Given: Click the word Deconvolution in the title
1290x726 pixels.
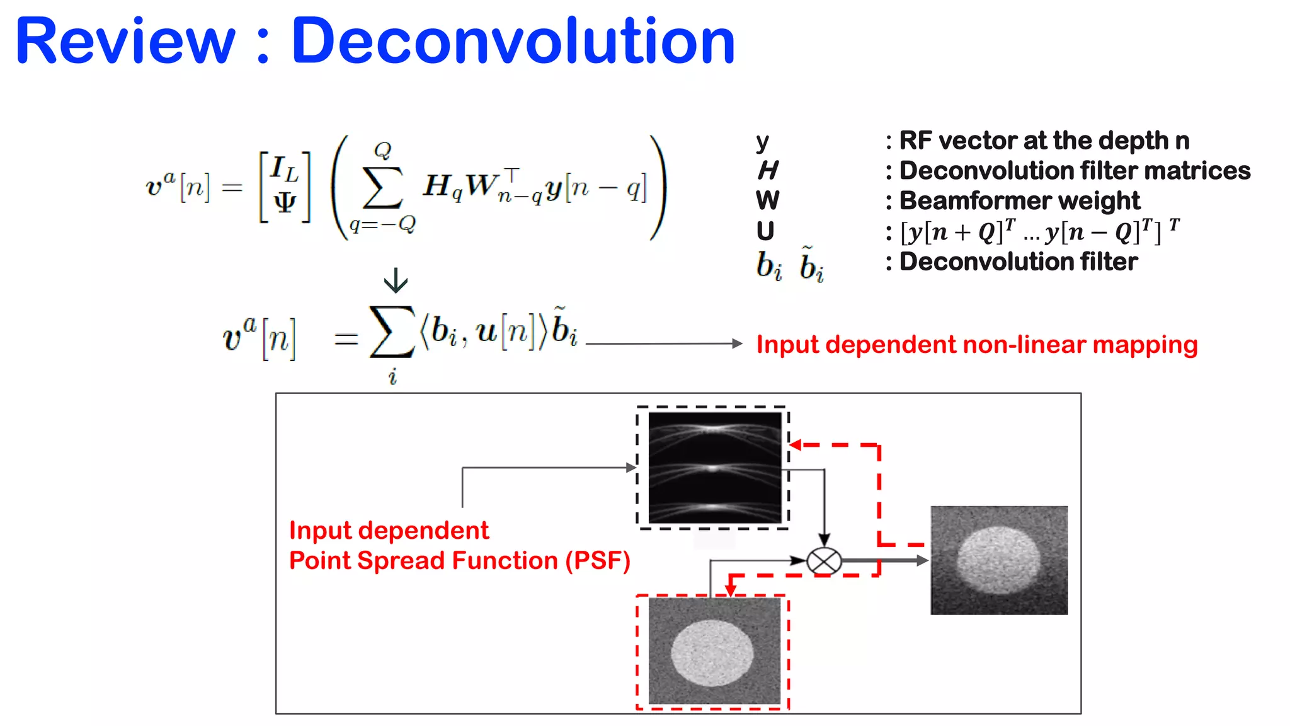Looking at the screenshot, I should point(513,42).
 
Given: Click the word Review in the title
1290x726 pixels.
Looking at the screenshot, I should point(125,42).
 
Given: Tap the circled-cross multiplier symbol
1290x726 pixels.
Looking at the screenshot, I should point(824,560).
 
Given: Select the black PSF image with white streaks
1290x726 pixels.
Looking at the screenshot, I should point(714,468).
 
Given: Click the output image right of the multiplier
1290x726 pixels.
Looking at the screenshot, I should point(999,560).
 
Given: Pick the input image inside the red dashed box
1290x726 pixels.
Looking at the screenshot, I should point(714,651).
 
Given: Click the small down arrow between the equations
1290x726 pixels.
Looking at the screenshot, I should point(396,280).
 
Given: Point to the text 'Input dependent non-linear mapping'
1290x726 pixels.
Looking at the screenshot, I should point(976,345).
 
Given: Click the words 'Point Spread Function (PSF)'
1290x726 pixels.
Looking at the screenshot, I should point(459,560).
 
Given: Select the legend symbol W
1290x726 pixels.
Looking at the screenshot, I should point(767,201).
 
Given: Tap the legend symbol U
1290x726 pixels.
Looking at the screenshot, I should point(765,231).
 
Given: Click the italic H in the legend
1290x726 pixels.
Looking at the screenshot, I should point(768,170).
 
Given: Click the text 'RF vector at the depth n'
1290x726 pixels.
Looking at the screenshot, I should point(1044,141).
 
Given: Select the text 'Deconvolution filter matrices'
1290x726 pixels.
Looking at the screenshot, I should point(1074,171).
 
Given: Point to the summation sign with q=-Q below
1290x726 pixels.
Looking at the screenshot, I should point(382,188).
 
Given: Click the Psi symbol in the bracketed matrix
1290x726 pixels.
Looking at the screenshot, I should point(285,202).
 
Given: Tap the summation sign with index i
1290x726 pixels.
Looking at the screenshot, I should point(392,332).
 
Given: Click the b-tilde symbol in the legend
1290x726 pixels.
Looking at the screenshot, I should point(811,265).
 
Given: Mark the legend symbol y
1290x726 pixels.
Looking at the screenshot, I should point(762,142).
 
